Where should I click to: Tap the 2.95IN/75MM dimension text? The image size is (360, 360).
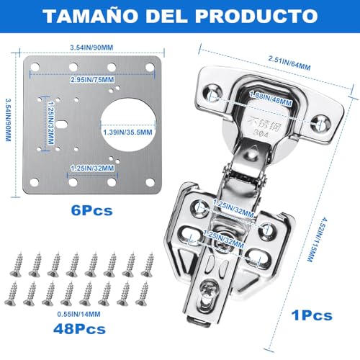click(90, 79)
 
